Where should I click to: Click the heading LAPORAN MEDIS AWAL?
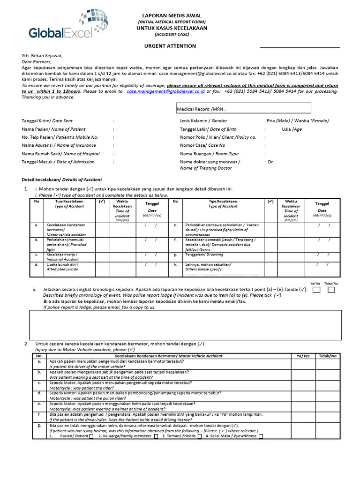coord(171,15)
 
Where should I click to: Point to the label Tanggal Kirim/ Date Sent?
coord(47,121)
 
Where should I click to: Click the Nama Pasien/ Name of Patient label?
coord(53,129)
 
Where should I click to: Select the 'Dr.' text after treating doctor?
coord(270,162)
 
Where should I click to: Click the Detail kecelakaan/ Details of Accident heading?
coord(62,180)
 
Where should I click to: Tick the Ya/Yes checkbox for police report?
coord(316,290)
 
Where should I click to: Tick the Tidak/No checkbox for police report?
coord(331,290)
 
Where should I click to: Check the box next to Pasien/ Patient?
coord(91,436)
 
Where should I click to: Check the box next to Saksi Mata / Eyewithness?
coord(261,436)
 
